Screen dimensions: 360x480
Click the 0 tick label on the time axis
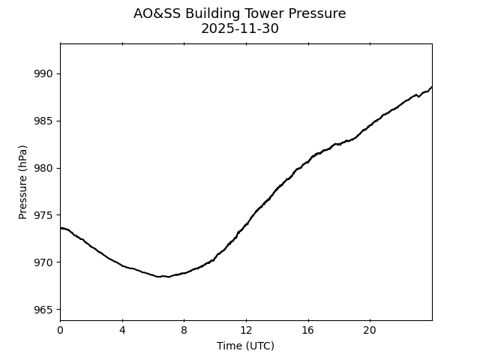60,330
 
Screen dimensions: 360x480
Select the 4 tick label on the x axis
122,330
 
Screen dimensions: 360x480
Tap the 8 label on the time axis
184,330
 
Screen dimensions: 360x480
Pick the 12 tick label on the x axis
246,330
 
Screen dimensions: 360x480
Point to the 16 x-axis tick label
307,330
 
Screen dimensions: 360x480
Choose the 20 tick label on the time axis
370,330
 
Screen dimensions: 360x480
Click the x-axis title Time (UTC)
245,346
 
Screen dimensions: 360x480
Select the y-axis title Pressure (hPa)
23,181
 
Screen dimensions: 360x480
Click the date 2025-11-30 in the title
240,28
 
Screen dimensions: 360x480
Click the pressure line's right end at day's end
431,87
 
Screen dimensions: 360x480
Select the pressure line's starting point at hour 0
61,228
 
